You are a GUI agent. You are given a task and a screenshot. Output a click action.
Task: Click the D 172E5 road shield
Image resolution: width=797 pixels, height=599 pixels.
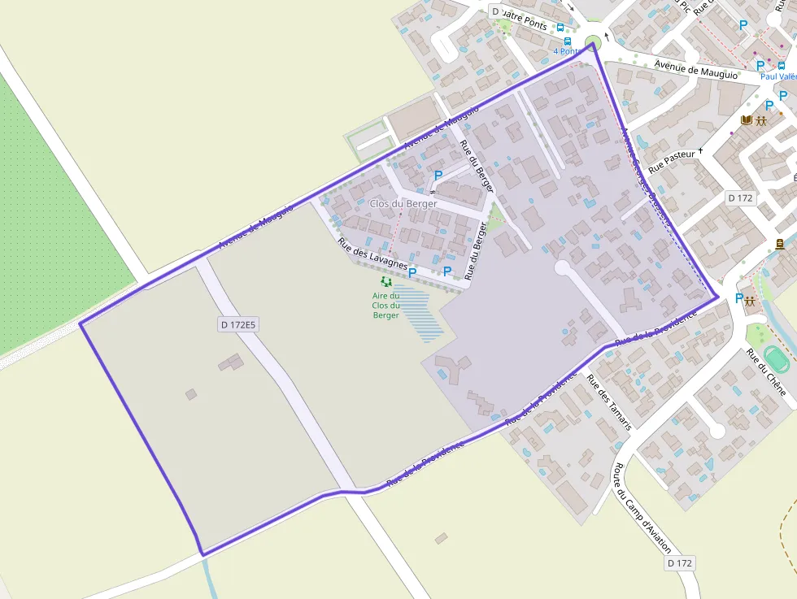(238, 325)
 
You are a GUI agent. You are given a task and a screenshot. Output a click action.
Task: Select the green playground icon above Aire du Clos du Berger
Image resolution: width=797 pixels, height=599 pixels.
(386, 281)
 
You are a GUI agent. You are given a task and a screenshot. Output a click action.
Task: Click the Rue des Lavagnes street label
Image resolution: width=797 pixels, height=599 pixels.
(372, 253)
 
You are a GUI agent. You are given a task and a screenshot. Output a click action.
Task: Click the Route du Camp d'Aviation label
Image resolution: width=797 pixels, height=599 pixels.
(642, 509)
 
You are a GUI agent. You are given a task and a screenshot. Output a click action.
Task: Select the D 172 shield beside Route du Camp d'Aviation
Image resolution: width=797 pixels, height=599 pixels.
(680, 563)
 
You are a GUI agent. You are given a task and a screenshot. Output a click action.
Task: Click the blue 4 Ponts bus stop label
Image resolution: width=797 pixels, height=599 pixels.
(568, 51)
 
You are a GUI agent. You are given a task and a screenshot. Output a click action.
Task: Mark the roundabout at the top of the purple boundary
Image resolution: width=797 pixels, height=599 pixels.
(594, 41)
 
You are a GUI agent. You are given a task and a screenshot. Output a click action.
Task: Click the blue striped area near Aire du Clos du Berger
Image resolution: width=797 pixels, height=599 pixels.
(419, 313)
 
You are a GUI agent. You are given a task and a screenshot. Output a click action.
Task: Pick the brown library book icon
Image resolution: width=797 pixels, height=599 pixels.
(746, 121)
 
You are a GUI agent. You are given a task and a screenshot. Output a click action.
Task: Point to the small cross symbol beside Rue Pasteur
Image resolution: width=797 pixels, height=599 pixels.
(700, 151)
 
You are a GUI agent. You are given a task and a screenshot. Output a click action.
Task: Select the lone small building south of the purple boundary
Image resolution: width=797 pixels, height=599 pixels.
(441, 538)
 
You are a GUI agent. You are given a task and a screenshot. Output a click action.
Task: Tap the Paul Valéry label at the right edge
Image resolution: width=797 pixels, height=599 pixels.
(778, 76)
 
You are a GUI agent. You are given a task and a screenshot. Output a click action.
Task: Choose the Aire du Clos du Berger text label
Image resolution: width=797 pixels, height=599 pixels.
(386, 306)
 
